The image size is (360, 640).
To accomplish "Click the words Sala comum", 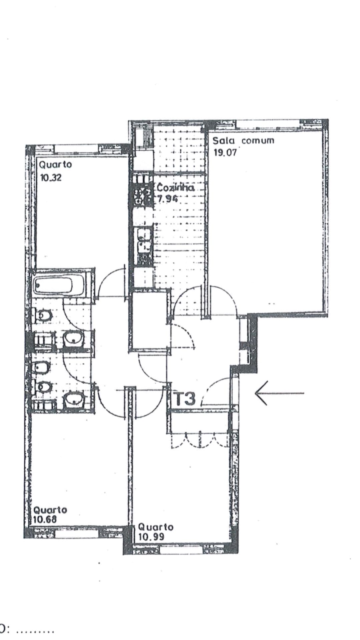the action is click(x=244, y=140).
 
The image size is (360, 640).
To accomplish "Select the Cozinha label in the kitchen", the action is click(x=175, y=187).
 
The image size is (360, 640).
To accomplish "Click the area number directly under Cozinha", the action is click(x=167, y=199).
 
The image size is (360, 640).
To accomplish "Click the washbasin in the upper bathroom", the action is click(x=73, y=340).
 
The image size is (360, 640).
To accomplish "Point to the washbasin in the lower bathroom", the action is click(x=73, y=400).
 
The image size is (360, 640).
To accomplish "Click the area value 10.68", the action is click(x=45, y=519).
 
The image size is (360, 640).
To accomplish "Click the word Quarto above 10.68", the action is click(x=50, y=510).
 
